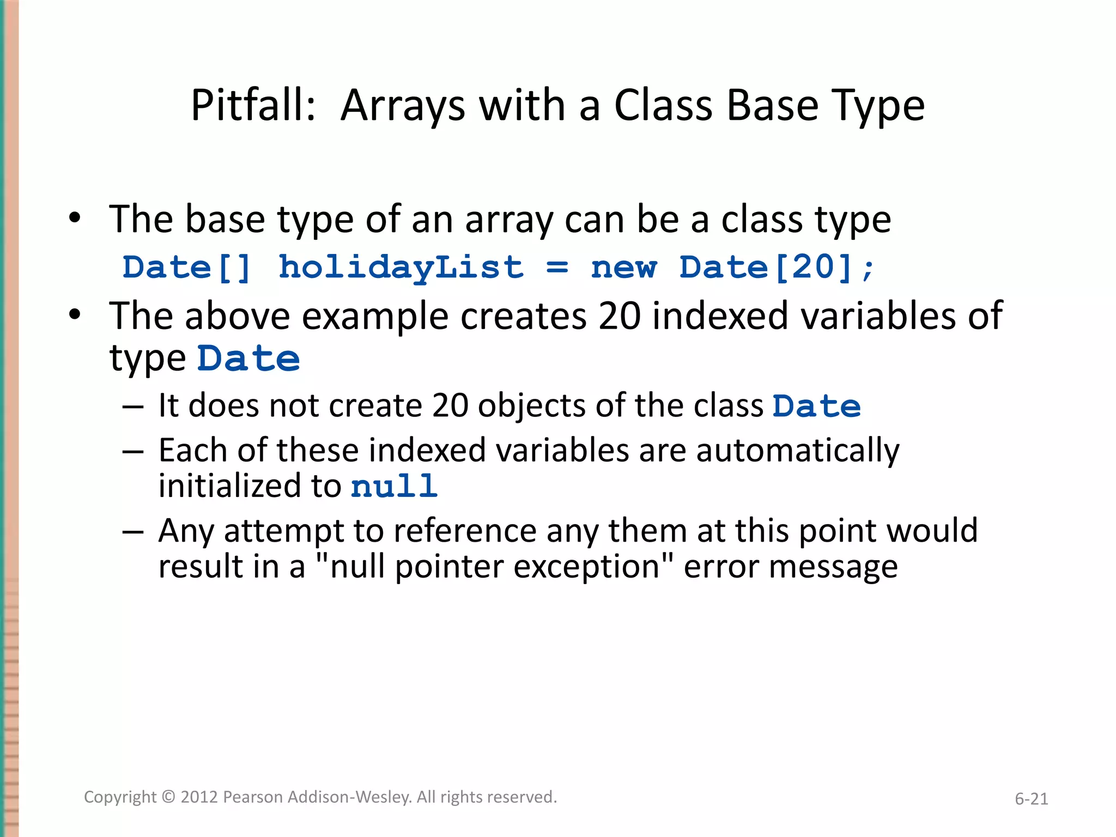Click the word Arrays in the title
(403, 106)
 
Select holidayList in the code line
(401, 268)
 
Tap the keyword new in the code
(624, 268)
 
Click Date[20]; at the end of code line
(777, 268)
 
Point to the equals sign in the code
(557, 268)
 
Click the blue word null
(394, 487)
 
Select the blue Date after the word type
(248, 359)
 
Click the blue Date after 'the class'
(816, 407)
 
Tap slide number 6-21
(1031, 799)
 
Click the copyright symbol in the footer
(169, 797)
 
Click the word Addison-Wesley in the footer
(349, 797)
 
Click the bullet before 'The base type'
(75, 219)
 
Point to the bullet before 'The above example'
(75, 316)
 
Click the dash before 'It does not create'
(133, 407)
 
